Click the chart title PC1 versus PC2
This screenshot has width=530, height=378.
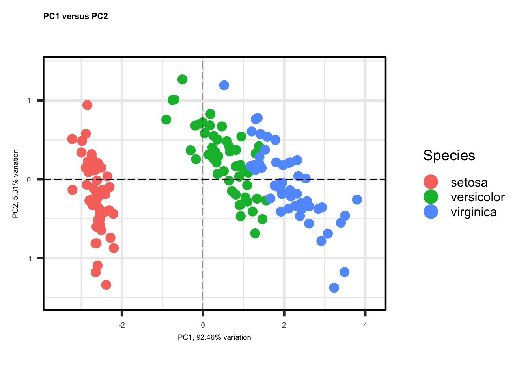[x=75, y=16]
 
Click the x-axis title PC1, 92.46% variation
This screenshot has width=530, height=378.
[x=214, y=337]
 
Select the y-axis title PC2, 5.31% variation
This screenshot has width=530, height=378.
[x=16, y=183]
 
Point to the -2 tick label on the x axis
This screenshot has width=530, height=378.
[x=121, y=325]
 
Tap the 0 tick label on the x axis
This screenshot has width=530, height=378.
[x=203, y=325]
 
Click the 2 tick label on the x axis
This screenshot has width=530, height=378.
[x=284, y=325]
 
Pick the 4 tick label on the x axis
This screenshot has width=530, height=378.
[x=365, y=325]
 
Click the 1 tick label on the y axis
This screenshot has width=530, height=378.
[x=29, y=101]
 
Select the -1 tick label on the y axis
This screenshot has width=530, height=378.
[x=28, y=259]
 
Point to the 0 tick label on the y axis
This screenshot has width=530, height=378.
[x=29, y=180]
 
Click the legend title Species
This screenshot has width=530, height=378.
[x=449, y=156]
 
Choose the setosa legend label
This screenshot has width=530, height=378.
[x=469, y=182]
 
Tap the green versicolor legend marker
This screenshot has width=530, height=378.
[x=431, y=197]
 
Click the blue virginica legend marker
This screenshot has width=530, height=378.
[x=431, y=212]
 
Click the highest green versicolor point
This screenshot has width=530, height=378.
[x=182, y=80]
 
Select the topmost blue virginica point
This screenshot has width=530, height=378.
[x=224, y=85]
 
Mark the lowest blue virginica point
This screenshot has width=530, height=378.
[x=334, y=288]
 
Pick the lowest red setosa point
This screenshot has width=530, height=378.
[x=106, y=285]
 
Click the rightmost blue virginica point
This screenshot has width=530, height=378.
[x=357, y=200]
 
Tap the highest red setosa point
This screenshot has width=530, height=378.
[x=88, y=105]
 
